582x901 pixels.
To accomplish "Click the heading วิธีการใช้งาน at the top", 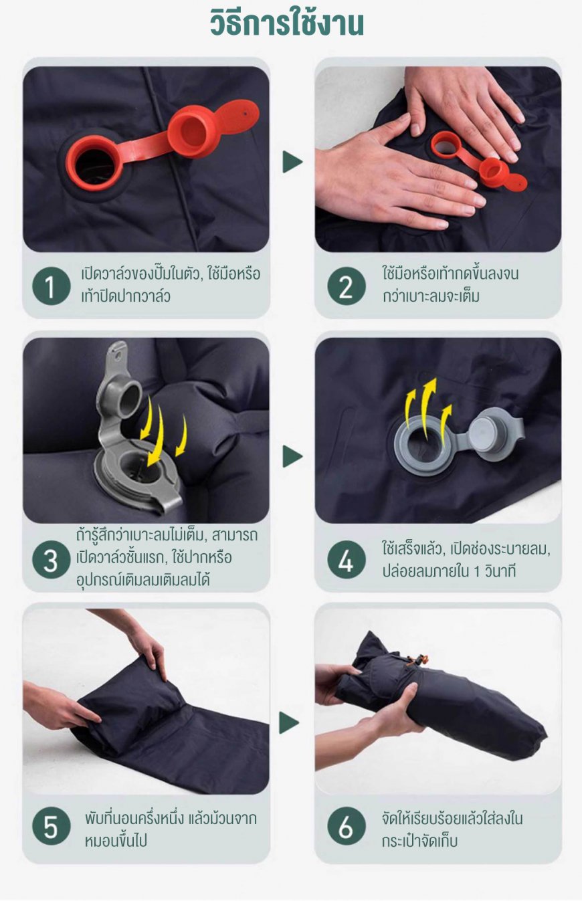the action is (287, 23).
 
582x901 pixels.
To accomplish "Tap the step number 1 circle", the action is (51, 286).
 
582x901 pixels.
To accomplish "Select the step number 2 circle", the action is (347, 286).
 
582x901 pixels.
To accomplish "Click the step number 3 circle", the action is (51, 559).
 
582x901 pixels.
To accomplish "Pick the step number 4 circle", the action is (347, 559).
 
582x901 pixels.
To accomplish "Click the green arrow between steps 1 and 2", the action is (292, 162).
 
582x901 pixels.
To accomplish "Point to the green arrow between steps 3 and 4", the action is (292, 457).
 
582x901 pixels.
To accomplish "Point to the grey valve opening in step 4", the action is (423, 439).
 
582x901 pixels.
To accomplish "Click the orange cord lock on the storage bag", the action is (421, 660).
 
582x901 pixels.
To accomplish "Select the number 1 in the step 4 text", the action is (476, 572).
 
